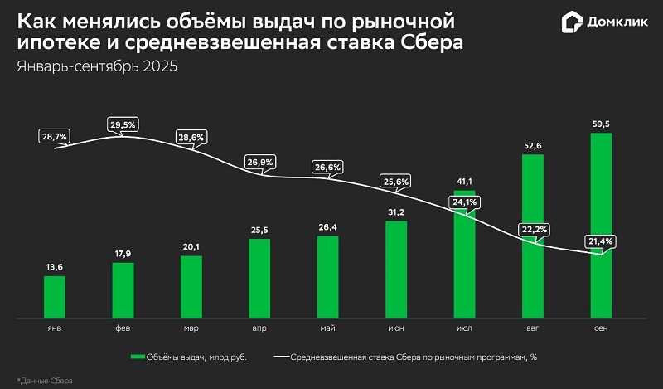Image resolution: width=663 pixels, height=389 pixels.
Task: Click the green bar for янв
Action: pos(55,296)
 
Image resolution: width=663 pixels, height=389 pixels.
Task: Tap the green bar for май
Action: pos(328,276)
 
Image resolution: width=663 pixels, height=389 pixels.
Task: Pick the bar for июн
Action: pos(396,269)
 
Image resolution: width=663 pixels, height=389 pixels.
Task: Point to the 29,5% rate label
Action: pos(123,124)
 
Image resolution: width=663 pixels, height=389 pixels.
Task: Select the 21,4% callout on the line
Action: pos(603,241)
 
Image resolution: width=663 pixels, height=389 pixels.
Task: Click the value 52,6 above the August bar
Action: pos(533,146)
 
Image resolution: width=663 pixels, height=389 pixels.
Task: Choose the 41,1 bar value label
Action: pos(465,182)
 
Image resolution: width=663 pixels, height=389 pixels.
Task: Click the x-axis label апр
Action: pos(259,329)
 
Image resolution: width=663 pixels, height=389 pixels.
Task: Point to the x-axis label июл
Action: pos(465,329)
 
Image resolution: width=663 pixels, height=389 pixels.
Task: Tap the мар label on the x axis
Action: pos(191,329)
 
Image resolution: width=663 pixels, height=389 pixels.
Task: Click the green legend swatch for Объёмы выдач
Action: pos(137,357)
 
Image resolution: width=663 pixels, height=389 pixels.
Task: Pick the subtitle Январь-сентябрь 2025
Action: pos(97,66)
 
